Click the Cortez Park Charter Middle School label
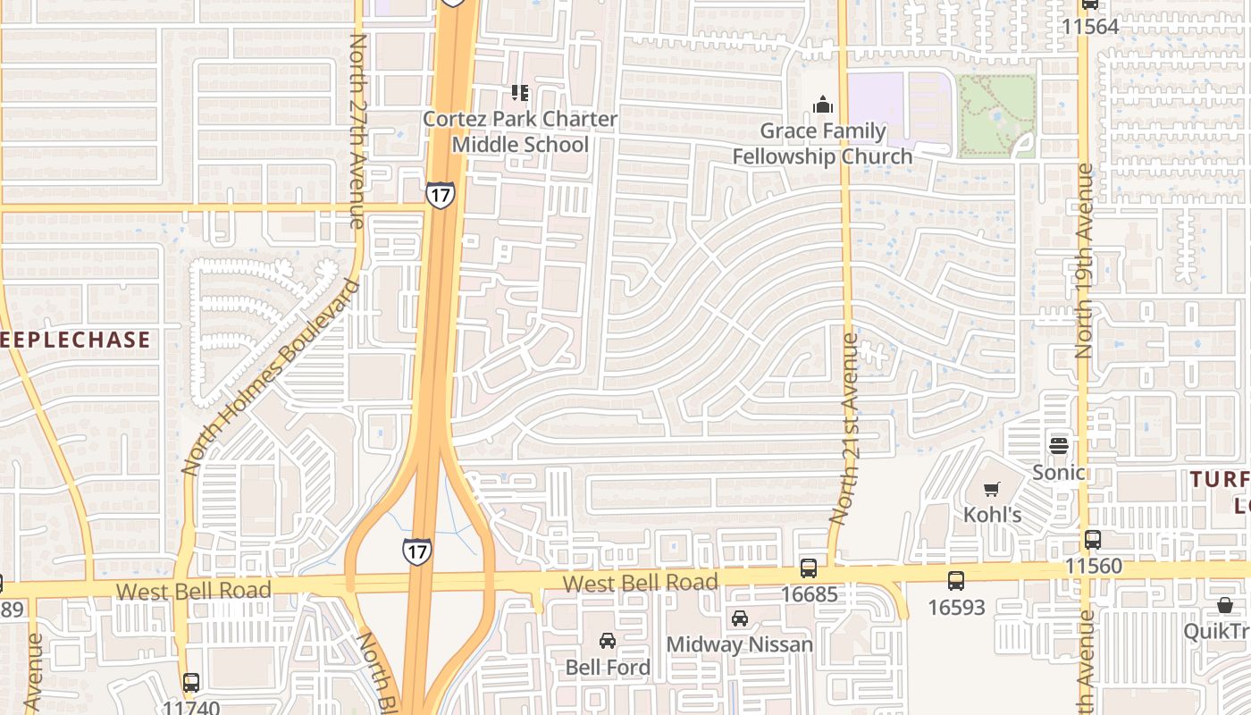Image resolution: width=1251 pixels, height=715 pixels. click(x=519, y=131)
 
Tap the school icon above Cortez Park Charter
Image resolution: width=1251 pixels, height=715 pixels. click(x=520, y=92)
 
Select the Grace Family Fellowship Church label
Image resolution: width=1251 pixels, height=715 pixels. click(x=822, y=144)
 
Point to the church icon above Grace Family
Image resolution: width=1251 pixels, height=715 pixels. click(x=823, y=105)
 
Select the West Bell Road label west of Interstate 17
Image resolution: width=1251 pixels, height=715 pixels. click(x=193, y=591)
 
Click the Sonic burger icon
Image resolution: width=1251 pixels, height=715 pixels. click(x=1059, y=444)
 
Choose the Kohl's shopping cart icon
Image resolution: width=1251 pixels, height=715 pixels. click(x=991, y=489)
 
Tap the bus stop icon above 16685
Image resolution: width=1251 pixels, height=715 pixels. click(x=809, y=568)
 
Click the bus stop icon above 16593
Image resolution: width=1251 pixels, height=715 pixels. click(x=956, y=580)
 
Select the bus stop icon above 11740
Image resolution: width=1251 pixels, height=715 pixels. click(x=191, y=683)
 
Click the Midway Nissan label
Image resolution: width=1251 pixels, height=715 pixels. click(x=740, y=643)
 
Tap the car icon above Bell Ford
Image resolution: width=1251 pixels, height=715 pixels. click(x=608, y=640)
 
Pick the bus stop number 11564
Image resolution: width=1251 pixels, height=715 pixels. click(x=1090, y=26)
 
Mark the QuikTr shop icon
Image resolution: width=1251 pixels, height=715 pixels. click(x=1225, y=606)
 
